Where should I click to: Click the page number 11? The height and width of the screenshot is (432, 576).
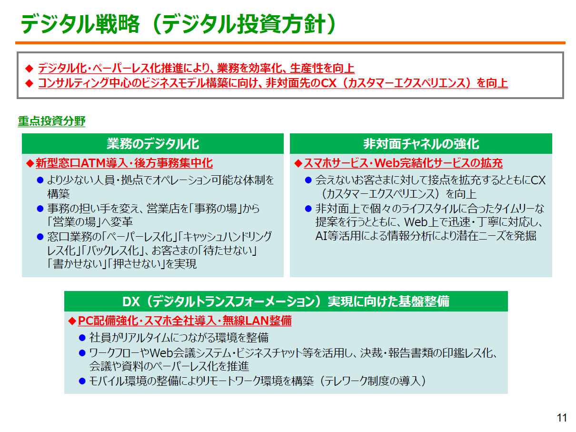click(x=561, y=418)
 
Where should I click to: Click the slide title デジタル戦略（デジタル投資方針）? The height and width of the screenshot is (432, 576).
click(x=178, y=24)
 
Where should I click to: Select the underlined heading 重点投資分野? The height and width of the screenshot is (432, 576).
click(x=51, y=121)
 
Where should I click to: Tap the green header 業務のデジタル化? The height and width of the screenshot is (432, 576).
click(x=153, y=144)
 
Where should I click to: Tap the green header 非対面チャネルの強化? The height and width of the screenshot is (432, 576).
click(x=421, y=144)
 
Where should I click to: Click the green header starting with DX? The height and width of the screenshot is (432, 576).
click(x=286, y=301)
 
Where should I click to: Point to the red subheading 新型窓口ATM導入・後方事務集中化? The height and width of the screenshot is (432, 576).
click(x=124, y=163)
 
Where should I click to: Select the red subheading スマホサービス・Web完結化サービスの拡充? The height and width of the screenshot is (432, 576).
click(x=403, y=163)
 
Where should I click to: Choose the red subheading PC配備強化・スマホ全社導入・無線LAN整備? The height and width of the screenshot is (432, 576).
click(x=185, y=321)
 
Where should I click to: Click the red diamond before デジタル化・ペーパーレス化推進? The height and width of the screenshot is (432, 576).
click(x=29, y=69)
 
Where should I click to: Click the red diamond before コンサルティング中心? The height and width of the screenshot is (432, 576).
click(x=29, y=83)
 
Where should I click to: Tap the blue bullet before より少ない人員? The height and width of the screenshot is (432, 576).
click(x=40, y=180)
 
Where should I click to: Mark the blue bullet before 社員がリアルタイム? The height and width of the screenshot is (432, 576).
click(x=82, y=338)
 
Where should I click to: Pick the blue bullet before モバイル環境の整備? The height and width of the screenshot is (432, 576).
click(x=82, y=381)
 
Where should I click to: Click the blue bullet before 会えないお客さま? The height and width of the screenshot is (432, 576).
click(x=308, y=180)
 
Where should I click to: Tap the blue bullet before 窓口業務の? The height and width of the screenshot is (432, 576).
click(x=40, y=237)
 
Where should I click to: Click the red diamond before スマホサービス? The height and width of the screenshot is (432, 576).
click(x=298, y=163)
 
